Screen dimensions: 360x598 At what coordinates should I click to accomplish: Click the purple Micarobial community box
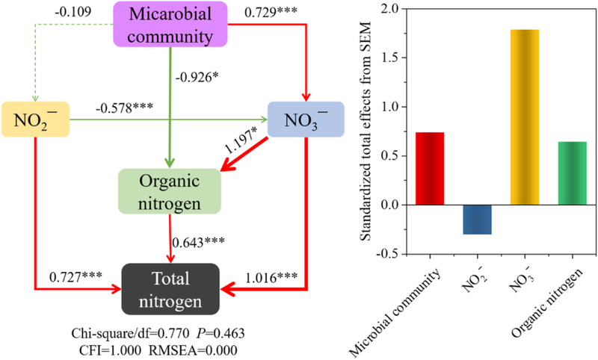click(x=170, y=25)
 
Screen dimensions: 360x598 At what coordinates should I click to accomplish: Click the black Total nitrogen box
click(x=171, y=288)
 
